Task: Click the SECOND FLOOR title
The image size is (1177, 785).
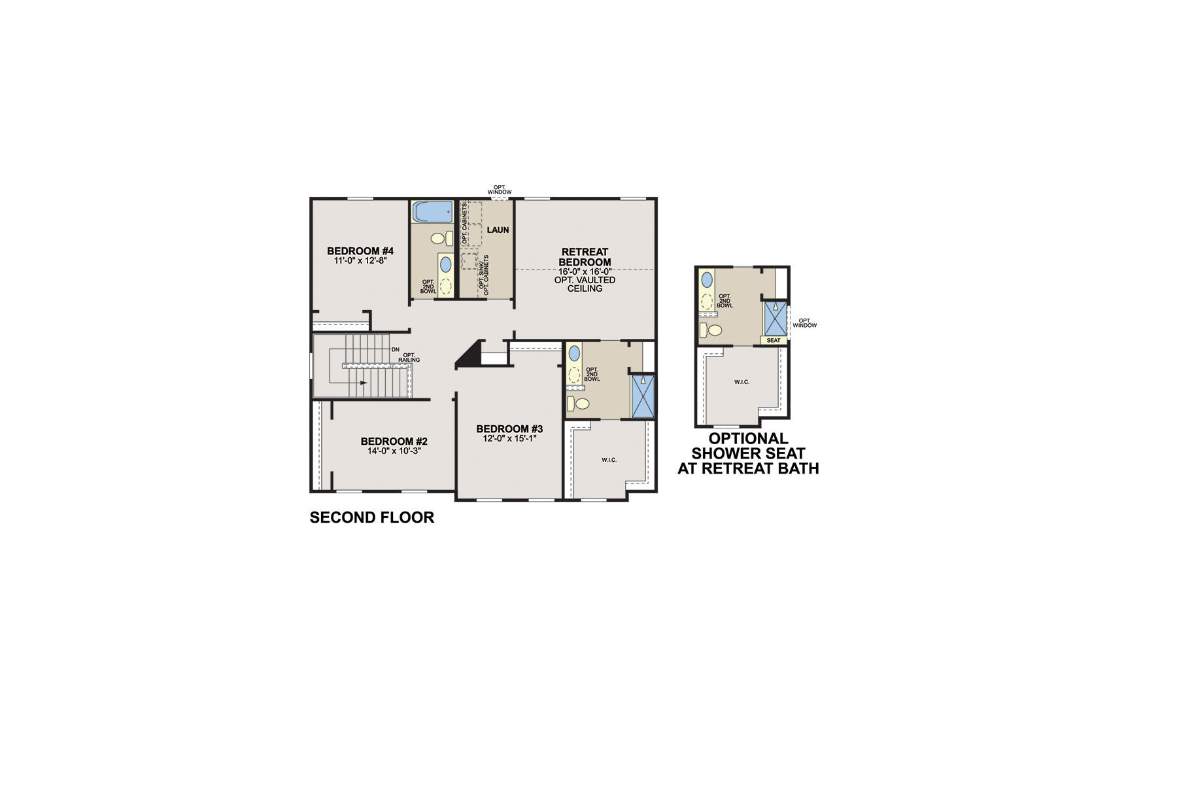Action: click(371, 517)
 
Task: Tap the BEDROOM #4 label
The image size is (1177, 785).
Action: click(360, 251)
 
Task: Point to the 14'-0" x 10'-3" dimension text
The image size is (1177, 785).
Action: click(394, 451)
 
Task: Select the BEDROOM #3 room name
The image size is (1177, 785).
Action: click(509, 429)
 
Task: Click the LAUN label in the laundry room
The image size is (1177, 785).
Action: click(498, 230)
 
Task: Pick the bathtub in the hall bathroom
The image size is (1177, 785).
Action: click(432, 211)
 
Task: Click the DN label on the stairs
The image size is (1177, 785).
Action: click(395, 350)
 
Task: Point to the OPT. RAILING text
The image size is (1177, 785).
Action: click(409, 358)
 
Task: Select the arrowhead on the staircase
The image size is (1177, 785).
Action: click(363, 383)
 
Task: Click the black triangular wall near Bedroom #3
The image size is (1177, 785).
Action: click(469, 355)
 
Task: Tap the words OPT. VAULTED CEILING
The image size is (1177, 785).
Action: click(585, 284)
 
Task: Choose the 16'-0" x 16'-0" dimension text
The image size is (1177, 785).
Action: click(585, 271)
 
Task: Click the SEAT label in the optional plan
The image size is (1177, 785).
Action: click(773, 341)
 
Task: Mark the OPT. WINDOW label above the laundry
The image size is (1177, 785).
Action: click(500, 190)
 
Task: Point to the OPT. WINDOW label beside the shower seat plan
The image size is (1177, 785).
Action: click(804, 323)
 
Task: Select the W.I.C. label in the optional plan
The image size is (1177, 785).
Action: click(742, 382)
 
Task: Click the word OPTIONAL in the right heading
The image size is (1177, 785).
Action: click(748, 438)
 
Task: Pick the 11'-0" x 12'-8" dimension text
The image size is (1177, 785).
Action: click(360, 260)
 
